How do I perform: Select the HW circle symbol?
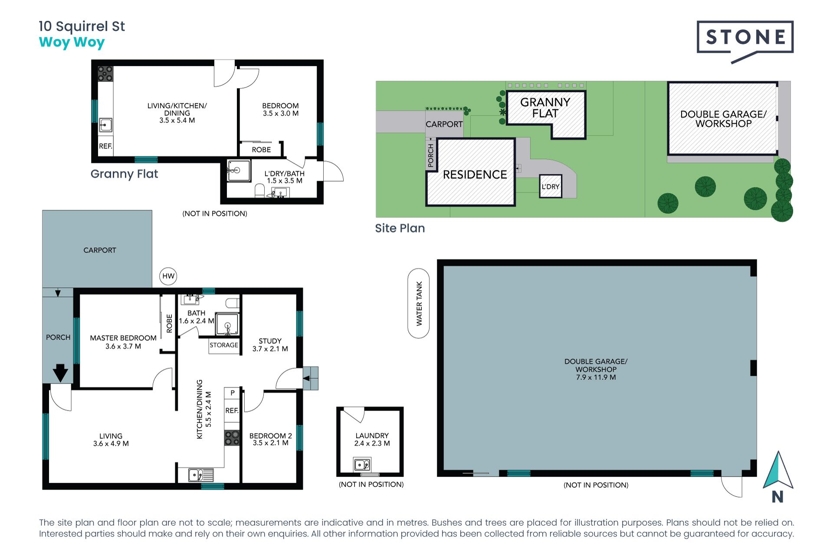168,276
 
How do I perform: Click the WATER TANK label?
419,303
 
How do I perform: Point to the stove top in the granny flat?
105,74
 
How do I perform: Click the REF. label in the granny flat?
105,146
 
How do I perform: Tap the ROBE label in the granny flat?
261,150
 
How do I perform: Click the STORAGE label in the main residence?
224,345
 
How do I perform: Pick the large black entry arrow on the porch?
60,373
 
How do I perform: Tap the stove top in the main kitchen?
232,438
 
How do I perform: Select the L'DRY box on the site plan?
551,186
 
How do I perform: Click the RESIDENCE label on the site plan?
475,175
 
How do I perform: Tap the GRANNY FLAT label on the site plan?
545,108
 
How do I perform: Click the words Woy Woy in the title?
72,43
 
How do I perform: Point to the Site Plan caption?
400,228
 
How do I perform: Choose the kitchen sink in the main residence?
201,475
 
